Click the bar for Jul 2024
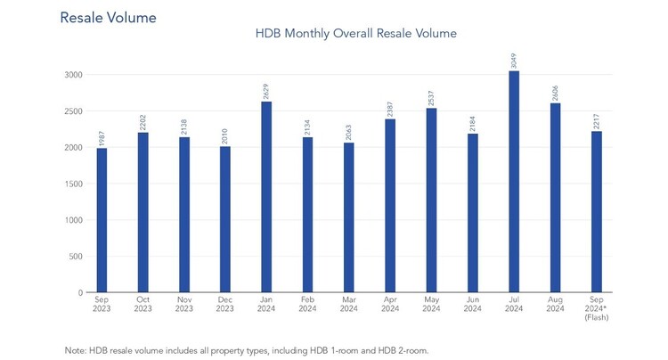pos(514,182)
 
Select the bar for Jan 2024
pos(266,197)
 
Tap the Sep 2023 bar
pos(102,220)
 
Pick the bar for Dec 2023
pos(225,219)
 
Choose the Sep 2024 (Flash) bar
pos(597,212)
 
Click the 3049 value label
pos(513,61)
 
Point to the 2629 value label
pos(265,92)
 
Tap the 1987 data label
pos(102,138)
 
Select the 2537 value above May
pos(431,98)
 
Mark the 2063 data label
pos(348,133)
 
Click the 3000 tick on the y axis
pos(73,75)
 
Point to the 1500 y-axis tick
pos(74,184)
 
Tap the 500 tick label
pos(76,257)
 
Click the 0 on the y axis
pos(80,292)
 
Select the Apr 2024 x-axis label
pos(390,304)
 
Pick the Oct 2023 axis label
pos(143,304)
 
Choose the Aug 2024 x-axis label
pos(555,304)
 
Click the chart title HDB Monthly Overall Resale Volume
pos(355,33)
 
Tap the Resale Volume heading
pos(108,18)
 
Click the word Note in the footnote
pos(76,350)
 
